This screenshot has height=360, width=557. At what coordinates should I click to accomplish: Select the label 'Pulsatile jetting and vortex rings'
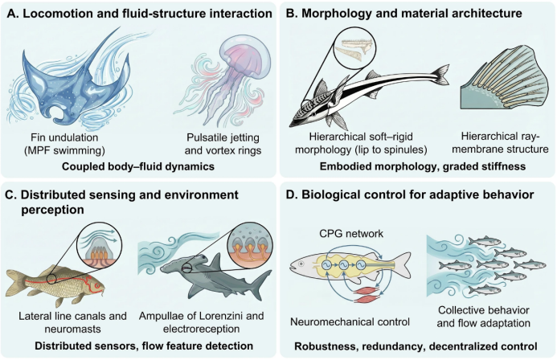point(223,144)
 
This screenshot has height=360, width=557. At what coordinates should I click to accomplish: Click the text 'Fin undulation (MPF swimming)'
point(64,144)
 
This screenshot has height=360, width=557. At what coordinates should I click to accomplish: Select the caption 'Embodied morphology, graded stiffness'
point(422,166)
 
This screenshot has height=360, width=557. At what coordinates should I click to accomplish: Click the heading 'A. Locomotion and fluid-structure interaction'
point(139,14)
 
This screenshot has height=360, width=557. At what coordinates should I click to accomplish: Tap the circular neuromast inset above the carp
point(100,245)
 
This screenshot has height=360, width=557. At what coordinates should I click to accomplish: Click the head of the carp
point(93,283)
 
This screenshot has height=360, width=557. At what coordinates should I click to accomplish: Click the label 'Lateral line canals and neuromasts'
point(72,322)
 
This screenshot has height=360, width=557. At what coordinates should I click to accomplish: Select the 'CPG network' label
point(351,234)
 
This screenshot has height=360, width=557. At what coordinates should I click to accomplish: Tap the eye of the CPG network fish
point(301,264)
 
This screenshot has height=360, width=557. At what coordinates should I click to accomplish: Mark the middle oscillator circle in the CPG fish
point(343,264)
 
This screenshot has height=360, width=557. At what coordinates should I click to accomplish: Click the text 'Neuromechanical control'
point(350,321)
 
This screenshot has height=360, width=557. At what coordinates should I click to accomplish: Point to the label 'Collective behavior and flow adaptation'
point(484,317)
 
